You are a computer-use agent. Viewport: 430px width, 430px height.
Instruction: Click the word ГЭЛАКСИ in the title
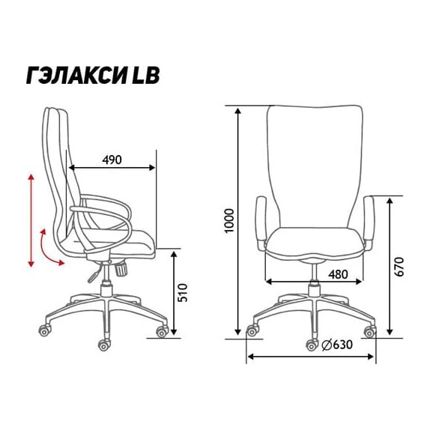pyautogui.click(x=76, y=75)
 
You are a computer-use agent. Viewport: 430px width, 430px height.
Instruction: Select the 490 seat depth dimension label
pyautogui.click(x=112, y=160)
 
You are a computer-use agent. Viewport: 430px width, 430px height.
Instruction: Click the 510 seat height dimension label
pyautogui.click(x=182, y=293)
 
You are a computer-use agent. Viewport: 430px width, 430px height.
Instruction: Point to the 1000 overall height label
pyautogui.click(x=229, y=221)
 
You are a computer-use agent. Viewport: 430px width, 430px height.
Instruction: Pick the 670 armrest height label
pyautogui.click(x=399, y=267)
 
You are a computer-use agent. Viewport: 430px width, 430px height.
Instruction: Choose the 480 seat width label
pyautogui.click(x=339, y=274)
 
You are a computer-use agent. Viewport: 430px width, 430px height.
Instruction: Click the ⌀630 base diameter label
pyautogui.click(x=337, y=345)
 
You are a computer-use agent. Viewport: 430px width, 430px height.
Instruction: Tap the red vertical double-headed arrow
pyautogui.click(x=31, y=220)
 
